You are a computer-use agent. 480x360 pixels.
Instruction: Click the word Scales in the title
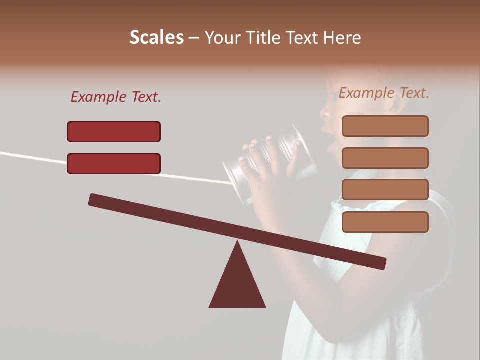tap(156, 38)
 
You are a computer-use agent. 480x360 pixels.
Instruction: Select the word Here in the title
tap(342, 38)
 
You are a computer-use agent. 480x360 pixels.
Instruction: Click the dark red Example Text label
tap(116, 97)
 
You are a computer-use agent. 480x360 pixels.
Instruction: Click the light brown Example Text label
tap(384, 93)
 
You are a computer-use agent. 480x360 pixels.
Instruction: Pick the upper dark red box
tap(114, 131)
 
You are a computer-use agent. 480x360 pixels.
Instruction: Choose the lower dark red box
tap(114, 163)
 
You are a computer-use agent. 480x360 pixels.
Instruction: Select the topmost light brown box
tap(385, 126)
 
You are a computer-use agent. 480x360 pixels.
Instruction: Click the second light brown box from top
tap(385, 158)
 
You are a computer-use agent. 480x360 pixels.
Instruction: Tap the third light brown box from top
tap(385, 190)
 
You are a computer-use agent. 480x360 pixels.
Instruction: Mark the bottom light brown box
tap(385, 222)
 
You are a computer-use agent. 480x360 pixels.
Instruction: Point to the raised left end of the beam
tap(95, 200)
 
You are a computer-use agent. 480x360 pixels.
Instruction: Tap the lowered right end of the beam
tap(380, 263)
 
